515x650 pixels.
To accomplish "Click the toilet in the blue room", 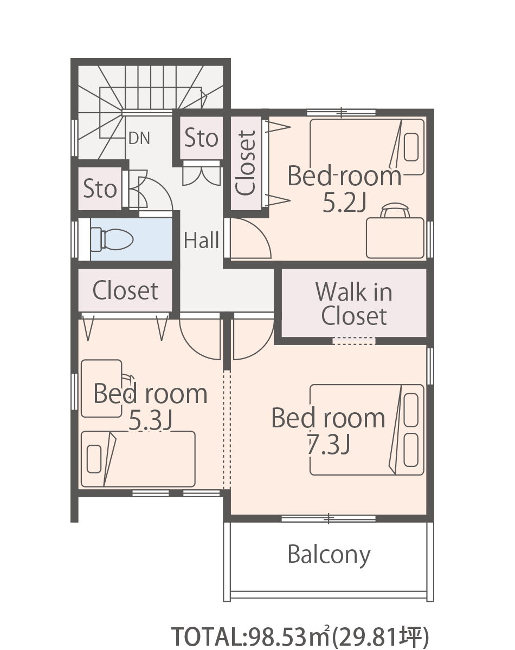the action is [112, 239].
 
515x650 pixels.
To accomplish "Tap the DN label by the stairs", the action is [139, 138].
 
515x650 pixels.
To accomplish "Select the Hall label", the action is [202, 240].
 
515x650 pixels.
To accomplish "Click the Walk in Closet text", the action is [354, 304].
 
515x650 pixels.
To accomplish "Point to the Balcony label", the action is [329, 555].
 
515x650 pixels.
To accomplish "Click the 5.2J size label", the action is [344, 203].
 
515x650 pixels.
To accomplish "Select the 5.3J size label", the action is [150, 420].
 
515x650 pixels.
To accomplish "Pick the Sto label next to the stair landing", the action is [201, 138].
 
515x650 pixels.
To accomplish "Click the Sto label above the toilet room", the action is [100, 188].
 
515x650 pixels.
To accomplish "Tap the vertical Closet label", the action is [246, 163].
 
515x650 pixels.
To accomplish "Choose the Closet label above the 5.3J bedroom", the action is [125, 290].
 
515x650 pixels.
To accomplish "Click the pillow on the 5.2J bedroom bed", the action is [411, 147].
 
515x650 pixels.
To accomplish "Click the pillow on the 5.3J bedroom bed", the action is [94, 459].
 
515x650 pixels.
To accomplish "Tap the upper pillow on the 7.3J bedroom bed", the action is [411, 410].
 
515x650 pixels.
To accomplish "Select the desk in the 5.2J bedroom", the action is [395, 238].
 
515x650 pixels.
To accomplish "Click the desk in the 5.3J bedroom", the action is [101, 388].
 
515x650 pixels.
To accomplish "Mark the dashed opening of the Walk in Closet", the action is [354, 341].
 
